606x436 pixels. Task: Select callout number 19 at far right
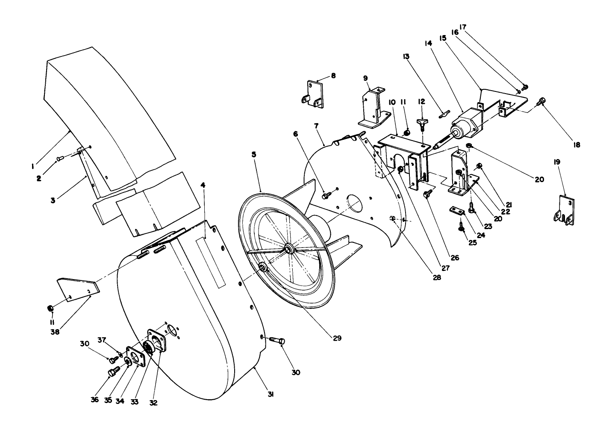coord(557,162)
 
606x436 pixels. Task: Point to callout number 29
coord(337,338)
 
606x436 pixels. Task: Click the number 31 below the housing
coord(270,395)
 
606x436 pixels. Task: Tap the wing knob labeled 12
coord(422,124)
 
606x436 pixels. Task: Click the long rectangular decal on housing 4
coord(210,263)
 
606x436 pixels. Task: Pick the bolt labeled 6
coord(326,195)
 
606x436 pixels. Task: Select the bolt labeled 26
coord(427,194)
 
